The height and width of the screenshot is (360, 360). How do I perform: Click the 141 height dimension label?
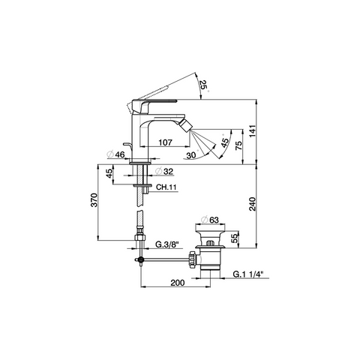coord(253,130)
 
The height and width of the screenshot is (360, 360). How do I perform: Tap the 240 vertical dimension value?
coord(253,204)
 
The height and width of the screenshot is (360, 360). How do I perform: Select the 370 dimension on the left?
coord(94,199)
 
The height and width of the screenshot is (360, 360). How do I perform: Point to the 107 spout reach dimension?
coord(166,142)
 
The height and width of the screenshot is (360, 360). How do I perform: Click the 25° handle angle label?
coord(203,85)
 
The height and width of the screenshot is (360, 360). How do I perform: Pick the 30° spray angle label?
coord(192,155)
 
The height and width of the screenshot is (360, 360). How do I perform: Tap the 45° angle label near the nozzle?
coord(225,142)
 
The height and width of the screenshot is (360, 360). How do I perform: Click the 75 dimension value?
coord(239,145)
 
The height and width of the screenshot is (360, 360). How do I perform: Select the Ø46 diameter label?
coord(115,154)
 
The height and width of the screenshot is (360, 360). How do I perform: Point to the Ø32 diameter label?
coord(163,172)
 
